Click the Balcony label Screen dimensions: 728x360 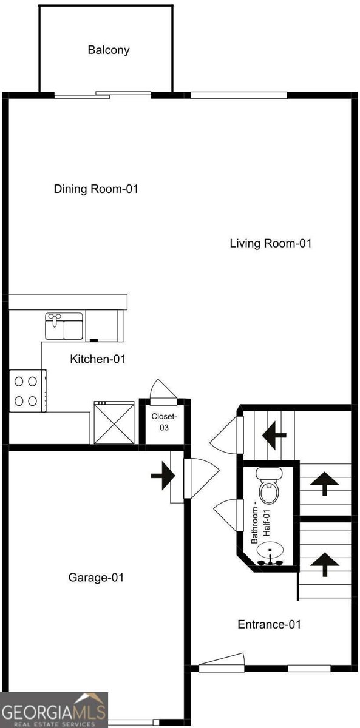pos(109,50)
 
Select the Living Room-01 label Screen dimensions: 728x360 pos(270,243)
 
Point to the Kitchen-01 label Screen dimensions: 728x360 pos(98,359)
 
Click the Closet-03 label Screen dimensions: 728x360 pos(164,422)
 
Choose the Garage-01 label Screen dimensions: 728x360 pos(96,577)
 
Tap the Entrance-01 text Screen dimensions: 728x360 pos(269,624)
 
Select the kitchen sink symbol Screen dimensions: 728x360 pos(64,326)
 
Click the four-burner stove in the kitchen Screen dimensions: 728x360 pos(26,391)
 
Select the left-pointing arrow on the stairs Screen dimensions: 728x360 pos(274,434)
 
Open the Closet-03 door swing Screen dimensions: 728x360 pos(163,392)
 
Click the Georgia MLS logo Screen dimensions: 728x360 pos(54,710)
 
